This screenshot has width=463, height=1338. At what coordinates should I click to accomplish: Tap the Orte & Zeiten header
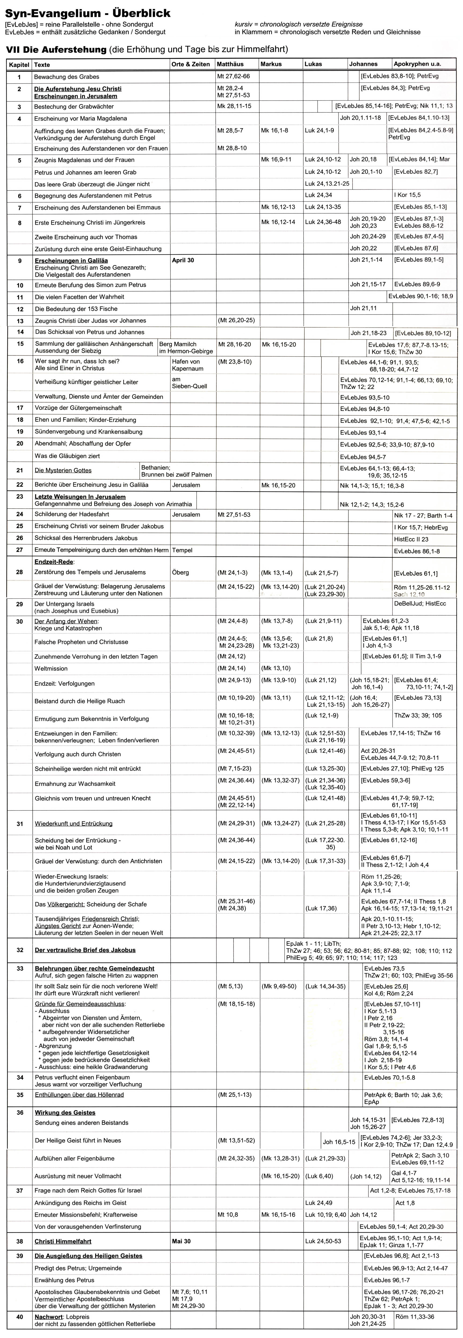pos(191,64)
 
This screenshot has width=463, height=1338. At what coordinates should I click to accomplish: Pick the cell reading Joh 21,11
pos(363,308)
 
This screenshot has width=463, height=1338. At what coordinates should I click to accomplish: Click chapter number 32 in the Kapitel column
pos(20,950)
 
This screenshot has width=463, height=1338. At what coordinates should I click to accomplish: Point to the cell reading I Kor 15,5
pos(407,195)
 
